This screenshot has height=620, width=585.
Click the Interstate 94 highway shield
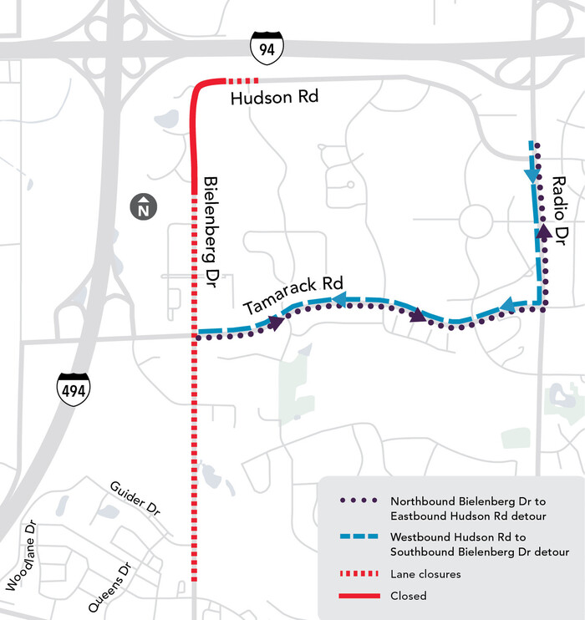(x=267, y=50)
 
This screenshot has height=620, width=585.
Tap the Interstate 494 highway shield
(x=73, y=388)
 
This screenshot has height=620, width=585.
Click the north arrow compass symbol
(x=145, y=206)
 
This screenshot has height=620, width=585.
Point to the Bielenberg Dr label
(x=211, y=231)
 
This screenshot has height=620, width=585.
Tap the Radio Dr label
(x=561, y=207)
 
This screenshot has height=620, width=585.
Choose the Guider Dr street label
(x=134, y=498)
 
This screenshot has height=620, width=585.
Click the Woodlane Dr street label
(x=21, y=556)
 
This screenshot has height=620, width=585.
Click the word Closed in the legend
(x=408, y=596)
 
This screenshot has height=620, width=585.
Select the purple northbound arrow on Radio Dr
(x=543, y=229)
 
